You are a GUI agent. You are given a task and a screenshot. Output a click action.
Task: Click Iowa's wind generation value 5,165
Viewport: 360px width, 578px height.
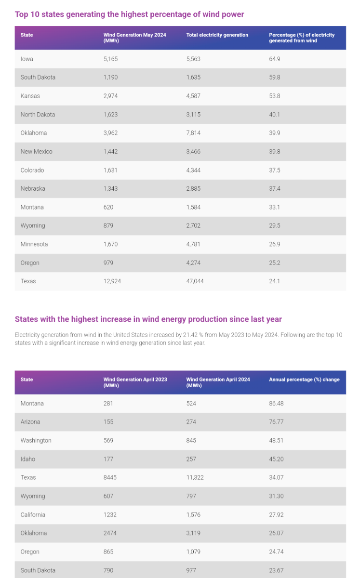(110, 59)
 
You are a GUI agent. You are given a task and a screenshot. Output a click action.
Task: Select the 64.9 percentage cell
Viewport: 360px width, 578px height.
(275, 59)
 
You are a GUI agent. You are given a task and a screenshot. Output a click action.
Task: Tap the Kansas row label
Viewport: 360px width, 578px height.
(30, 96)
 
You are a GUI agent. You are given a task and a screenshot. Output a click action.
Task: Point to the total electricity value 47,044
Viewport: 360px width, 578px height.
(195, 281)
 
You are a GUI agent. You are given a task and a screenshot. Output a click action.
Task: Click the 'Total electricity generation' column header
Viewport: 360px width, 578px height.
(217, 35)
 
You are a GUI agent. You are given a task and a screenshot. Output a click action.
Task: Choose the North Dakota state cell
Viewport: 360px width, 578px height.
(38, 115)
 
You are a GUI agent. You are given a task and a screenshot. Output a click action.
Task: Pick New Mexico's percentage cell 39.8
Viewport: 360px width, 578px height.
(275, 151)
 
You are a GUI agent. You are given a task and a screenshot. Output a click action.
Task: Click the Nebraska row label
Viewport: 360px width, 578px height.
(33, 188)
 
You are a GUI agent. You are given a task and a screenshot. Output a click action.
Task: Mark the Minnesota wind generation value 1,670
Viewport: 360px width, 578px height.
(110, 244)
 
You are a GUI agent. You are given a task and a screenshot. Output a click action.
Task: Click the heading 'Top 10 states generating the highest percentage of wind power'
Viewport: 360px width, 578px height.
(130, 14)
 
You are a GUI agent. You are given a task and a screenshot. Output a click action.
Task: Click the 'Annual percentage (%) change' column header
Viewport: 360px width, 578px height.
(304, 380)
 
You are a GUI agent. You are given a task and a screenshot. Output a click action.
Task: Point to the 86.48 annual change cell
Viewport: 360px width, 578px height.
(276, 403)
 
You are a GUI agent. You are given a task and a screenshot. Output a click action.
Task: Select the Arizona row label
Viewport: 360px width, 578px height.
(30, 422)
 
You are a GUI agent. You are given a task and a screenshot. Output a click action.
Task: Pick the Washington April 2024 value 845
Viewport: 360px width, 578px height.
(191, 440)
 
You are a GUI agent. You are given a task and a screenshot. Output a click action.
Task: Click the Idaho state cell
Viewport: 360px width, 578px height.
(28, 459)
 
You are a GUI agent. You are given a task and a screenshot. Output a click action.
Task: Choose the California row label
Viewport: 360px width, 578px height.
(33, 514)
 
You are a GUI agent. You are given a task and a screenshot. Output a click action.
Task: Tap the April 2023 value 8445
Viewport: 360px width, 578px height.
(110, 477)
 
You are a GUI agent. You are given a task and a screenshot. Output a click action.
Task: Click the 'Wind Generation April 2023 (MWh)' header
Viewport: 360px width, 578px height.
(135, 382)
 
